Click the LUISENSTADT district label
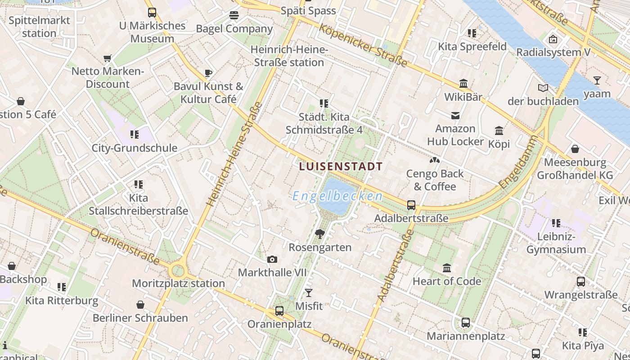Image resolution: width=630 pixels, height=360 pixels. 341,166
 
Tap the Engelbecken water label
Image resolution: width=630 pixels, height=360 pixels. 337,196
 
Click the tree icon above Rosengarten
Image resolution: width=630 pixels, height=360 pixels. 320,234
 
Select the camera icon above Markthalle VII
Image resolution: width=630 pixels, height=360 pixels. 272,259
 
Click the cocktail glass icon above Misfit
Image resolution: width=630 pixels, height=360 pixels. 308,293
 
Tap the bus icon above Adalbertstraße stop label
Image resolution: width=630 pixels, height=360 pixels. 411,205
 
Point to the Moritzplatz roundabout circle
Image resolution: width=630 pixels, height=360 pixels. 178,271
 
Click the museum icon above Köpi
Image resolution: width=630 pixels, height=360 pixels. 499,130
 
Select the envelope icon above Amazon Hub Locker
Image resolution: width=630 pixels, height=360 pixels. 455,116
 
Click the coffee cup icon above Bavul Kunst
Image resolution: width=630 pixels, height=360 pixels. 208,73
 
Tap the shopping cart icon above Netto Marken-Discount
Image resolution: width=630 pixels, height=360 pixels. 107,58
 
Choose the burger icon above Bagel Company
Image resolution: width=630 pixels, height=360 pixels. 234,15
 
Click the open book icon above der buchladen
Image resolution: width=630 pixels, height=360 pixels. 543,88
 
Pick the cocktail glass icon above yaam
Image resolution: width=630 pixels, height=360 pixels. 597,81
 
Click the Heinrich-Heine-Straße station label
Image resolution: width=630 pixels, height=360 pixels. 288,56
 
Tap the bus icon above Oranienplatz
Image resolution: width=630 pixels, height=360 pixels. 279,310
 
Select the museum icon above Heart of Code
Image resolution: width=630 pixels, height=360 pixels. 447,268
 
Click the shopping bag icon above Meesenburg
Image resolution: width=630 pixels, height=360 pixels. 575,149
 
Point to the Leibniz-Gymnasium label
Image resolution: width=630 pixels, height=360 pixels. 556,243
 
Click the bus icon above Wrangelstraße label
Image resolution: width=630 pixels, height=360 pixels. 581,282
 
